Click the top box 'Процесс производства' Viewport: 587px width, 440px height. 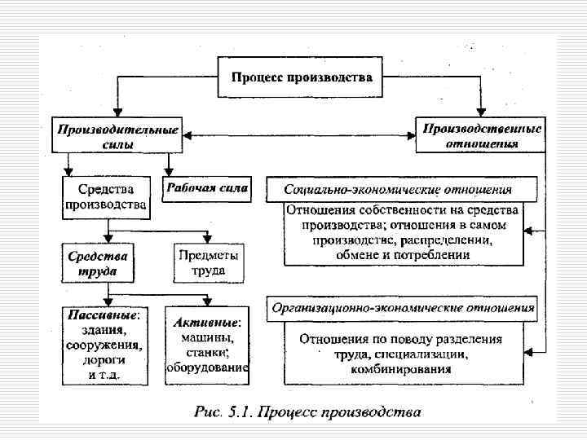tap(302, 77)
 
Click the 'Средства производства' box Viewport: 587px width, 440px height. tap(106, 196)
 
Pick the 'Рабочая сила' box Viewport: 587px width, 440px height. tap(208, 189)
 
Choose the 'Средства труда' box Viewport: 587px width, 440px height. tap(98, 262)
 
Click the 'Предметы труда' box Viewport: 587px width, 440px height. tap(209, 262)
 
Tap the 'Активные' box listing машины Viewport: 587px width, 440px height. tap(207, 344)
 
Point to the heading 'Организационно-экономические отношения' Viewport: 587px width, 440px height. tap(399, 308)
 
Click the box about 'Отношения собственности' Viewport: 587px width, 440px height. tap(403, 233)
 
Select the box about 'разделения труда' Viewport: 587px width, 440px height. tap(403, 354)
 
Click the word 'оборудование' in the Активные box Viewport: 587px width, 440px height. tap(207, 367)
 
